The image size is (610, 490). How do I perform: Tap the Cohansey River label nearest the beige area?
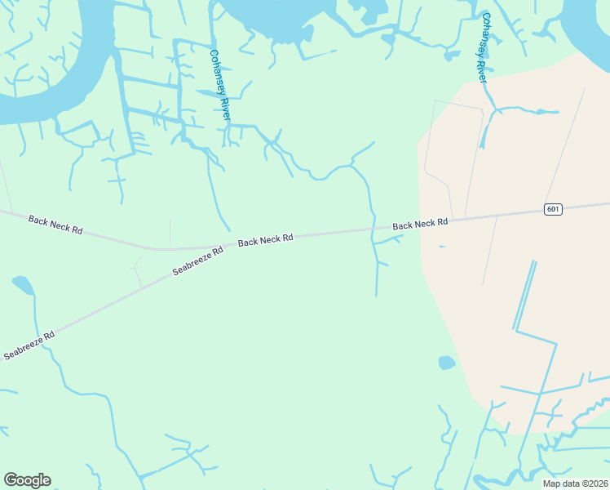pos(484,47)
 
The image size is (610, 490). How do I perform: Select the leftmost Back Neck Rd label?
pos(55,225)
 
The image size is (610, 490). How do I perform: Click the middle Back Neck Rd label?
pos(265,240)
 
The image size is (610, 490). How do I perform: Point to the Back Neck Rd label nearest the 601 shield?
pos(420,223)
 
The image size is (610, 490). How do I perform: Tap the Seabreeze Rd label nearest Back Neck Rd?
pos(197,263)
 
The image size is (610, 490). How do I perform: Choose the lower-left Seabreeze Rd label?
pos(29,345)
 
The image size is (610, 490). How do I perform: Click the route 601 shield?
pos(553,210)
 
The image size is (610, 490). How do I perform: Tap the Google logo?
pos(27,480)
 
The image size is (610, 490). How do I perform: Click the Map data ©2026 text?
pos(574,483)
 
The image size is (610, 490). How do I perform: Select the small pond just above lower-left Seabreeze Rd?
pos(23,285)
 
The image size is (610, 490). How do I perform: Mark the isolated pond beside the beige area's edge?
pos(446,362)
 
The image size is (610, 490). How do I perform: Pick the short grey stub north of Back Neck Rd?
pos(170,232)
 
